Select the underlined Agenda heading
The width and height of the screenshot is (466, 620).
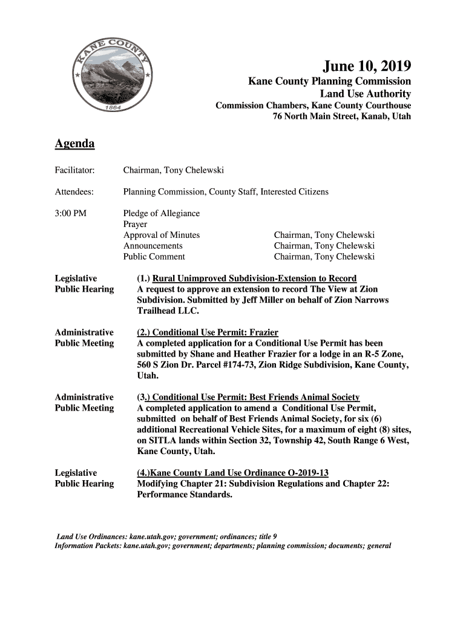click(74, 144)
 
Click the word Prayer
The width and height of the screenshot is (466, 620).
click(135, 224)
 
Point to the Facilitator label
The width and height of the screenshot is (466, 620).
click(75, 171)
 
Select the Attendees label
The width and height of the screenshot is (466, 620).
click(74, 192)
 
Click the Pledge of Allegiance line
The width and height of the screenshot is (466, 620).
click(161, 213)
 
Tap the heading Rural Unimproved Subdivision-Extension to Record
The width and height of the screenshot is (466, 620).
click(254, 279)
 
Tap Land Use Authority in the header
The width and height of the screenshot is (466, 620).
click(365, 94)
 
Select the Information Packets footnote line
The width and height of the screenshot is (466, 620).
click(223, 546)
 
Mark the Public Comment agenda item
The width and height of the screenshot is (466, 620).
click(154, 257)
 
